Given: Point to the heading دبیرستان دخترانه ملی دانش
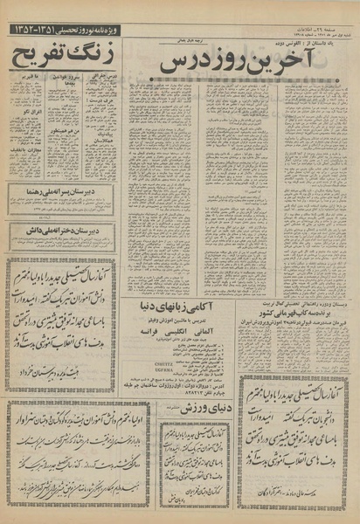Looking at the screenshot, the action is tap(63, 231).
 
